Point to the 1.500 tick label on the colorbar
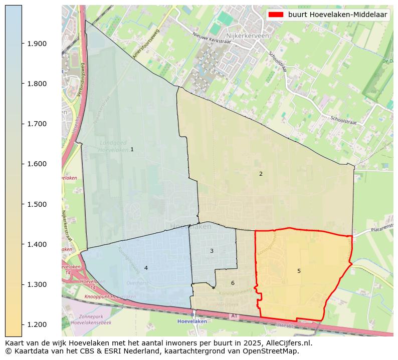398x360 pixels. (x=37, y=204)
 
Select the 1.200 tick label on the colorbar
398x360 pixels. (x=37, y=324)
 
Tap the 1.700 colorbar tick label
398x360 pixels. (x=37, y=124)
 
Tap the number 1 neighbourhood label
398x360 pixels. (x=132, y=149)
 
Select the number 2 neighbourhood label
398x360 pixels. (x=261, y=174)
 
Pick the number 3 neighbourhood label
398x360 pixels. (x=212, y=251)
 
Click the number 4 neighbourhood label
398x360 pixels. (x=146, y=268)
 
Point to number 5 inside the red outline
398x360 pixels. (x=299, y=271)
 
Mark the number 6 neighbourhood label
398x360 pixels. (x=233, y=283)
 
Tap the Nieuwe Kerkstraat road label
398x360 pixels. (x=212, y=38)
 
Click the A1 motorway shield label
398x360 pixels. (x=234, y=316)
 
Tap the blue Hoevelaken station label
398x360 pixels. (x=193, y=322)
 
